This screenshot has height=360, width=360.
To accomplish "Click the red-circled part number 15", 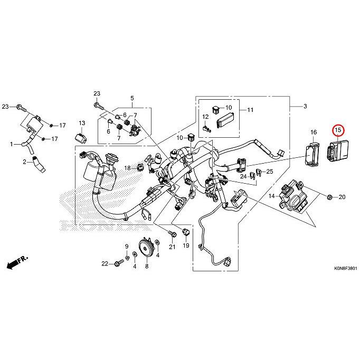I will pos(337,129).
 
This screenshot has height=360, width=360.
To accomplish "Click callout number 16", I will pos(313,131).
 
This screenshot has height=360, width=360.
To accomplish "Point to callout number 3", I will pos(305,107).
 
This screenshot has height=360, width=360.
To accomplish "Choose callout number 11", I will pos(250,110).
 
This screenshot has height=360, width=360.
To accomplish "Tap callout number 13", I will pos(82,123).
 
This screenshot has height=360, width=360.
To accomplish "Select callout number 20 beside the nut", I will pos(342,197).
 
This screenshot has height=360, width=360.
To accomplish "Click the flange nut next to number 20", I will pos(329,197).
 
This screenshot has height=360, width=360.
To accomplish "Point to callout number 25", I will pos(269,172).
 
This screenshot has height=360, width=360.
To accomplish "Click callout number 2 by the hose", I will pos(24,162).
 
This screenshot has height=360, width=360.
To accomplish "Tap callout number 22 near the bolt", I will pos(105,263).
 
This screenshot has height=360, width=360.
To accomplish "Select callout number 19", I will pos(185,246).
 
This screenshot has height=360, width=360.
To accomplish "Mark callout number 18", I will pos(127,168).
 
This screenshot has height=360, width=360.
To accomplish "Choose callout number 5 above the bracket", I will pos(132,98).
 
